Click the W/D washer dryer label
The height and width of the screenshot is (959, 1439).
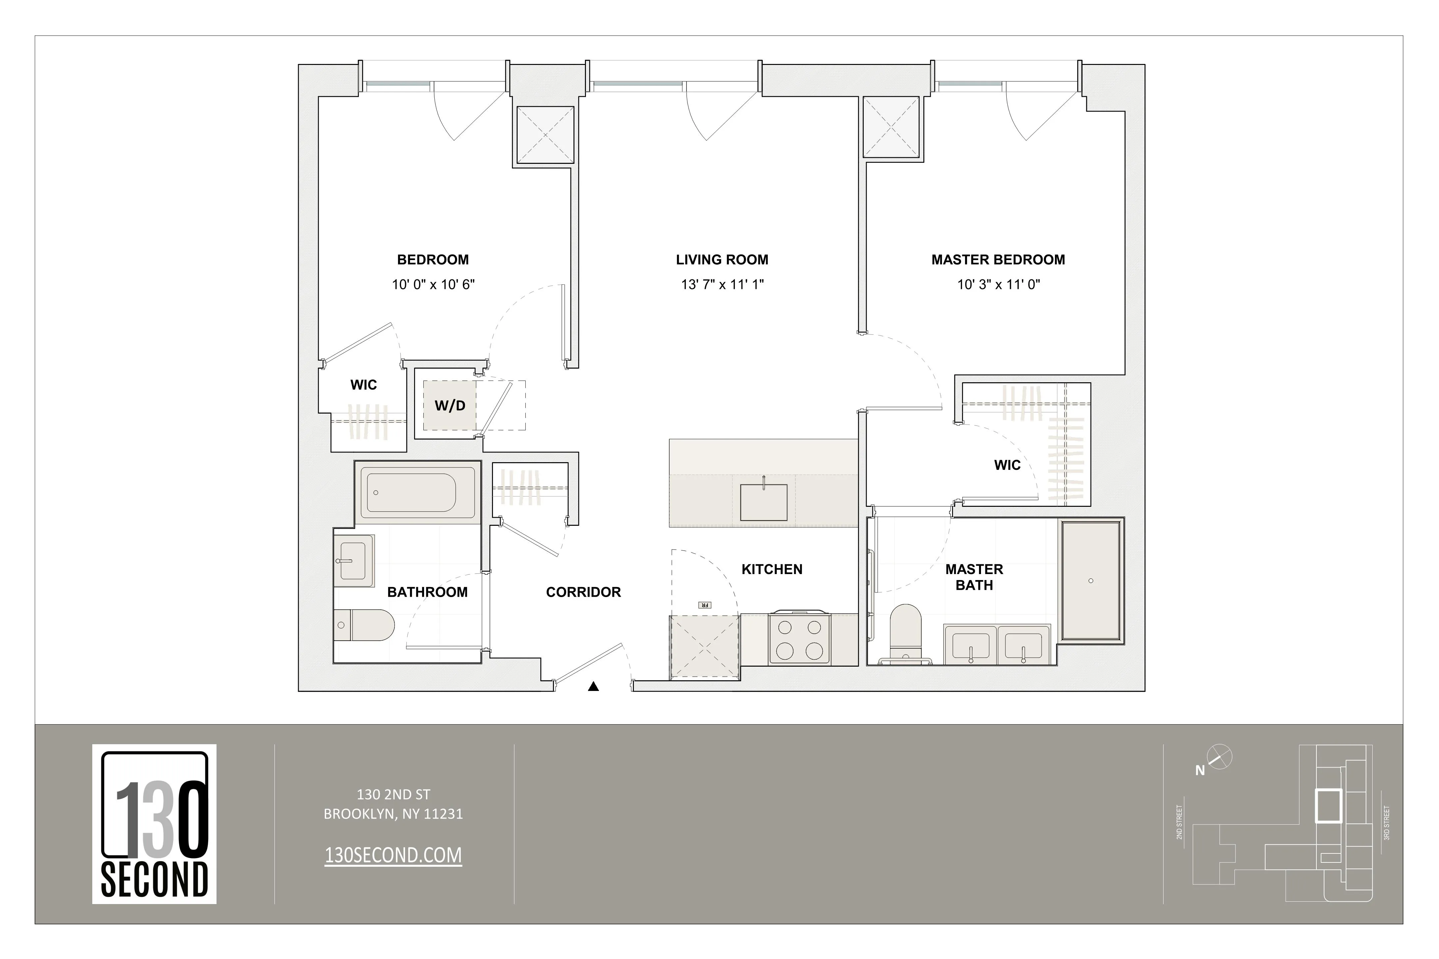click(x=450, y=406)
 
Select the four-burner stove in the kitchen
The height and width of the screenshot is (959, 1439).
click(x=799, y=639)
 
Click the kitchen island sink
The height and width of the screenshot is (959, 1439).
click(x=763, y=501)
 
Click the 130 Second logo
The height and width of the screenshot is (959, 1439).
click(x=154, y=824)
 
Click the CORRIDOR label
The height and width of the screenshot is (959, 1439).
click(x=583, y=592)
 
